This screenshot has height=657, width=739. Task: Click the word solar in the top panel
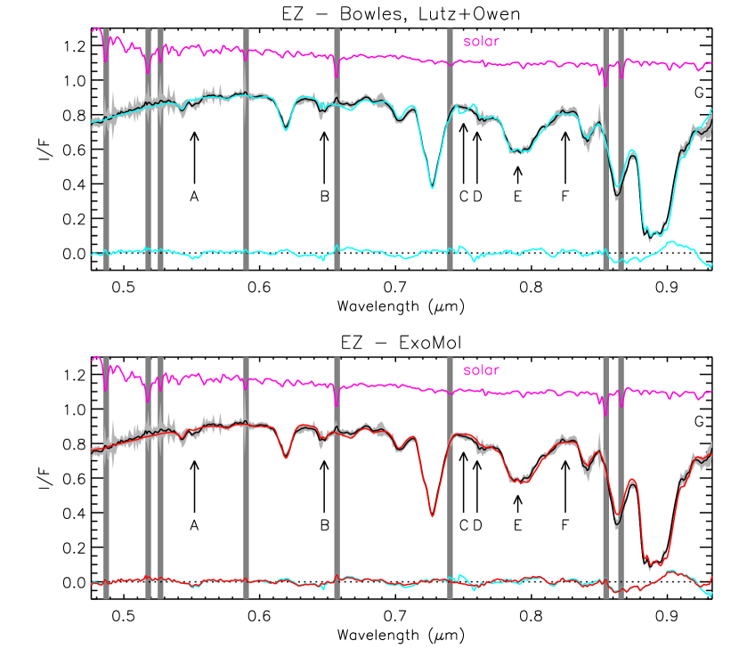481,41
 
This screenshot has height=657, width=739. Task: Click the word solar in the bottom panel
481,369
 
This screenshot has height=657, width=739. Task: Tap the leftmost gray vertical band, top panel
106,148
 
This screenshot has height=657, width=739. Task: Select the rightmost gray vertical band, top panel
621,148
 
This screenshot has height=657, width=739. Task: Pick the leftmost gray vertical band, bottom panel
106,477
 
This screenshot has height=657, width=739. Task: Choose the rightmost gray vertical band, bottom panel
621,477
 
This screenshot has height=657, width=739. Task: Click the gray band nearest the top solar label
450,148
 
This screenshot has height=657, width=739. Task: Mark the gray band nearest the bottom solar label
450,477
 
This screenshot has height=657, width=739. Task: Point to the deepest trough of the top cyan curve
653,234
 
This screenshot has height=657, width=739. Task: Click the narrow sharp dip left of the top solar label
433,188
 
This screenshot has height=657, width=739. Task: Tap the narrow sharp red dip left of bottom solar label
433,515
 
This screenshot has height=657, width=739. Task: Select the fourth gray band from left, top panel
246,148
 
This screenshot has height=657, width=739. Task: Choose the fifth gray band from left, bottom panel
337,477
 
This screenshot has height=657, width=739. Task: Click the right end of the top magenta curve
711,63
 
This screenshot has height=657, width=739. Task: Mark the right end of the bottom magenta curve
711,392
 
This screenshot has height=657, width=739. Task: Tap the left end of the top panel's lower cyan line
92,255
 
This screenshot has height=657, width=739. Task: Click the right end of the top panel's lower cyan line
711,265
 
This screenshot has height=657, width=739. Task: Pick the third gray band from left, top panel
160,148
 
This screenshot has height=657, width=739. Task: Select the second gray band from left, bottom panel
148,477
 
